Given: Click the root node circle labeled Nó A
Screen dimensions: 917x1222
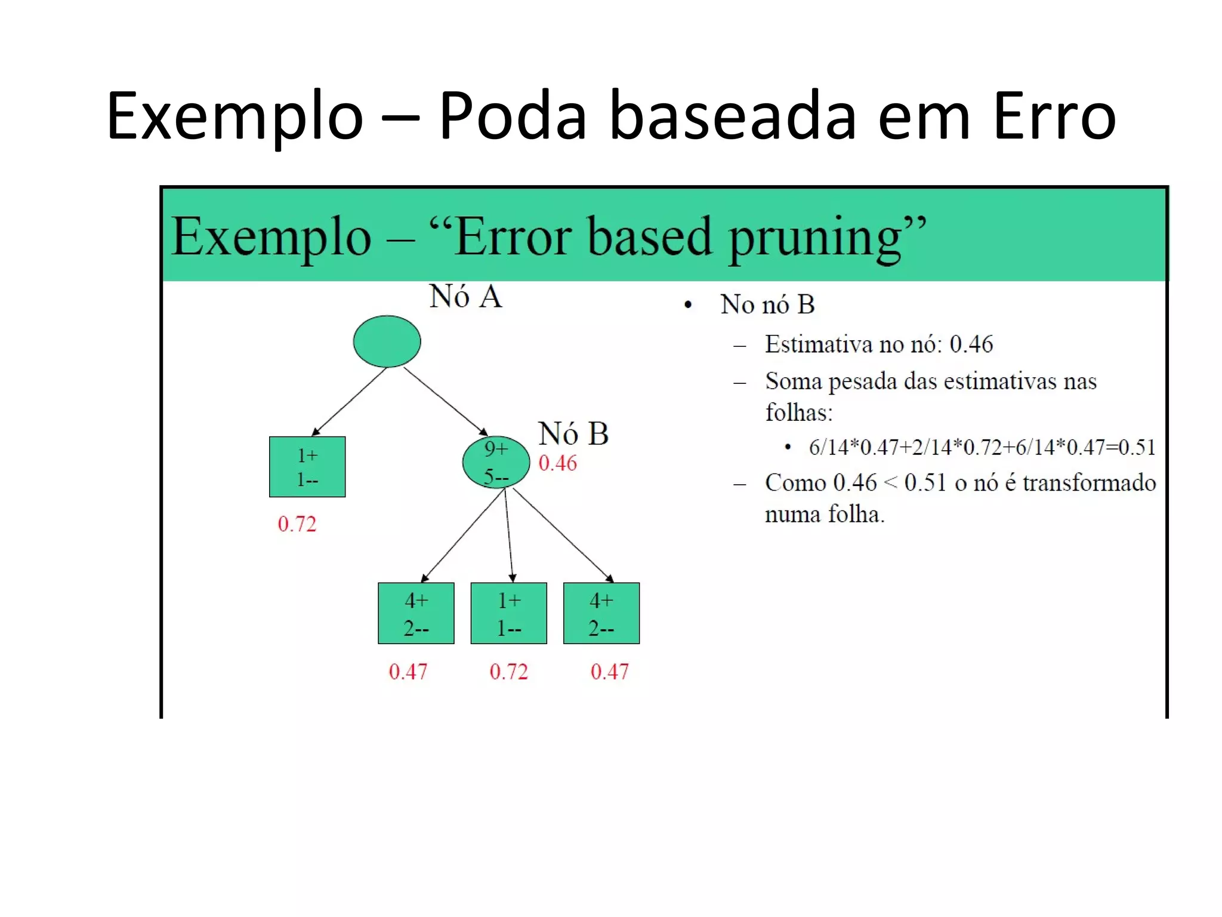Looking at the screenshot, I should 387,341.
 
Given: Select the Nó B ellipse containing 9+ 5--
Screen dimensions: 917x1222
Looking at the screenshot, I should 496,463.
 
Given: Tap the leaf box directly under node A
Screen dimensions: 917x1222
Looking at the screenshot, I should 307,467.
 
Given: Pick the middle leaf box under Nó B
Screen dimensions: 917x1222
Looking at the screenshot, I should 508,613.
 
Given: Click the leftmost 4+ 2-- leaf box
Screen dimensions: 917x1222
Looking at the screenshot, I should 416,613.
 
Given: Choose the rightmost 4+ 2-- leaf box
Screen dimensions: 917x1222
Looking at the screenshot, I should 601,613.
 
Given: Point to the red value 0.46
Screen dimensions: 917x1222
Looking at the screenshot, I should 558,463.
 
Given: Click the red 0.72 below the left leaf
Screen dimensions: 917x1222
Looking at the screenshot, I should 297,524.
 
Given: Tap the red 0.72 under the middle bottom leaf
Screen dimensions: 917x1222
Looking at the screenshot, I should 508,672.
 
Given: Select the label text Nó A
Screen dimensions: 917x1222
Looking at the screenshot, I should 465,297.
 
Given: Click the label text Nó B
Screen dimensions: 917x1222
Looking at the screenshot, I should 573,433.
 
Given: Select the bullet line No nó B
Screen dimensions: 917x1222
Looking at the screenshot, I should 767,304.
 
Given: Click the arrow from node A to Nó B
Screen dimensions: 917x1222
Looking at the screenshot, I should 445,401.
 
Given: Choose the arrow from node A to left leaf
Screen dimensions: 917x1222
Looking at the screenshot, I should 350,401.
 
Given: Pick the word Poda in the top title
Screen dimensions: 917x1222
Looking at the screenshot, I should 513,116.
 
